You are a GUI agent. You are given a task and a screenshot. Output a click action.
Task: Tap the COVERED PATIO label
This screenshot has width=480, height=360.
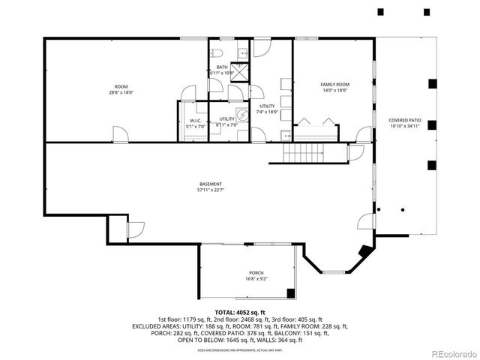click(404, 121)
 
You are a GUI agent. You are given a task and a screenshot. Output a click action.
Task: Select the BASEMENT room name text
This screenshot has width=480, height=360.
click(211, 184)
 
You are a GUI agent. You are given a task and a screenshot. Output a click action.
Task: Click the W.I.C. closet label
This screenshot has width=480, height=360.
click(196, 121)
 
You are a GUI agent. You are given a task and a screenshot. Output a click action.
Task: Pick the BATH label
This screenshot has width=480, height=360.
click(222, 67)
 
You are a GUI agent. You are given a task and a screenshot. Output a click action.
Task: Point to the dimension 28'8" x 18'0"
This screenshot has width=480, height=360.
click(121, 93)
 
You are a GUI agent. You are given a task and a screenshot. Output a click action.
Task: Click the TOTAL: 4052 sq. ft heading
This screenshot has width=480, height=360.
click(240, 312)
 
